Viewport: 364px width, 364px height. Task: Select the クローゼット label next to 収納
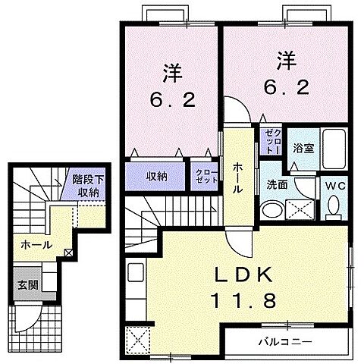pyautogui.click(x=202, y=176)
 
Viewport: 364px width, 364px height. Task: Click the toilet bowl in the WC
pyautogui.click(x=334, y=206)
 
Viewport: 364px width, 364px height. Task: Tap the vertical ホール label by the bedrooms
pyautogui.click(x=237, y=179)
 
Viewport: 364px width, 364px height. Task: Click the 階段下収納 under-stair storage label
pyautogui.click(x=86, y=186)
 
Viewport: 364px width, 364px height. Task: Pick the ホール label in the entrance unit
pyautogui.click(x=36, y=245)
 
